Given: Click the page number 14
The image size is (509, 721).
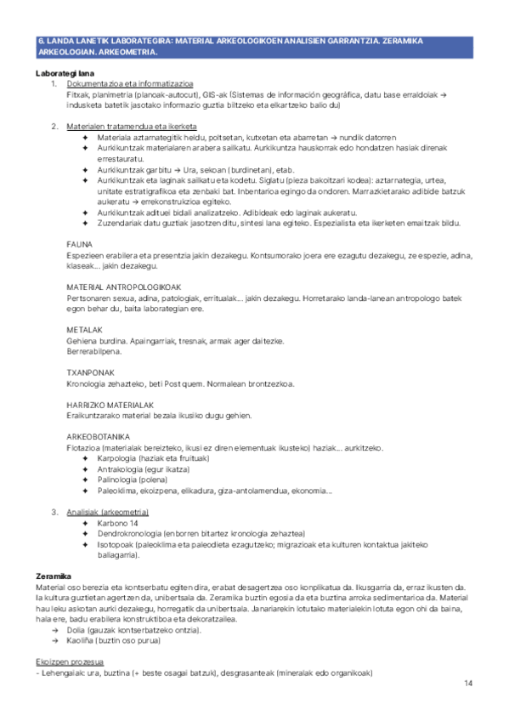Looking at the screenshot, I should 467,684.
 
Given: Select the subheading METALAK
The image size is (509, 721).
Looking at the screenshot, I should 84,330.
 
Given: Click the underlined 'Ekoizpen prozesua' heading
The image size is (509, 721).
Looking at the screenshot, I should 71,661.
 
